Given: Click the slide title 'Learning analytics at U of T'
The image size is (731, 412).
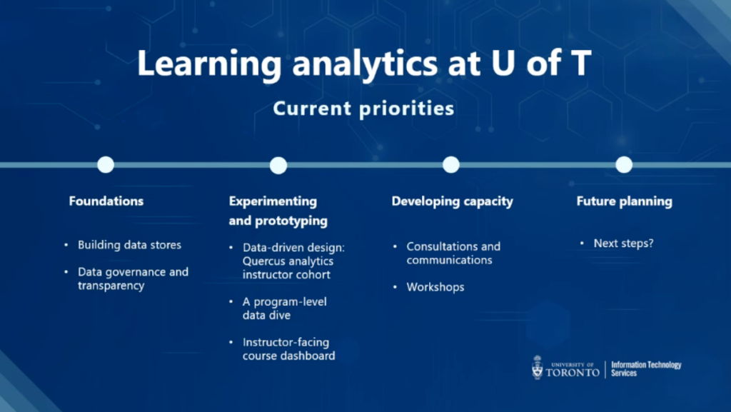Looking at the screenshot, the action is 364,64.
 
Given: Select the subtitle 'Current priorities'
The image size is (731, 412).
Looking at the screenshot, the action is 363,109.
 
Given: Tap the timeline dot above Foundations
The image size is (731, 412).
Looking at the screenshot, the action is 106,164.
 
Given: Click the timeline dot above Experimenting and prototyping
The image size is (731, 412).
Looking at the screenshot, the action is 278,166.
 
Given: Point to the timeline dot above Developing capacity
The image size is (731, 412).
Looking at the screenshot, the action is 451,164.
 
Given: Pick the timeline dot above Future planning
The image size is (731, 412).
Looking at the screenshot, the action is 624,164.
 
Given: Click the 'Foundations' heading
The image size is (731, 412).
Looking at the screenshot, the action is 106,201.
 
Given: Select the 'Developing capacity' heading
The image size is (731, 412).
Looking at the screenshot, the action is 452,201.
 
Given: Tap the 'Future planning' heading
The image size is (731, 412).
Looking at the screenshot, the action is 624,201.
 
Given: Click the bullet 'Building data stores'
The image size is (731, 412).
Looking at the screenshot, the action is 130,245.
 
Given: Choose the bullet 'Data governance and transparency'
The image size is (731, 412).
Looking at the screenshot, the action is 133,278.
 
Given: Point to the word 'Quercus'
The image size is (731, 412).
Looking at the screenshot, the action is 264,261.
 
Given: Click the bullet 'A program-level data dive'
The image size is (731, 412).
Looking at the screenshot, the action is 284,308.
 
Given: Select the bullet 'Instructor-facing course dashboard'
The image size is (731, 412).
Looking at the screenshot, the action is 288,348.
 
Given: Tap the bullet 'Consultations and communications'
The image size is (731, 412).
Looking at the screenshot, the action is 453,253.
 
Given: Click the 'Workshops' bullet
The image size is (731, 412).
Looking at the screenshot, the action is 435,287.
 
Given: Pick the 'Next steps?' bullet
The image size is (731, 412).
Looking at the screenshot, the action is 623,243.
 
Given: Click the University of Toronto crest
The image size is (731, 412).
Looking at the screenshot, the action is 538,367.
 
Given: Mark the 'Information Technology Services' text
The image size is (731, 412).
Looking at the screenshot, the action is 646,368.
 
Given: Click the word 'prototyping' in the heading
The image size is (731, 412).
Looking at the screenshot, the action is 291,221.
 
